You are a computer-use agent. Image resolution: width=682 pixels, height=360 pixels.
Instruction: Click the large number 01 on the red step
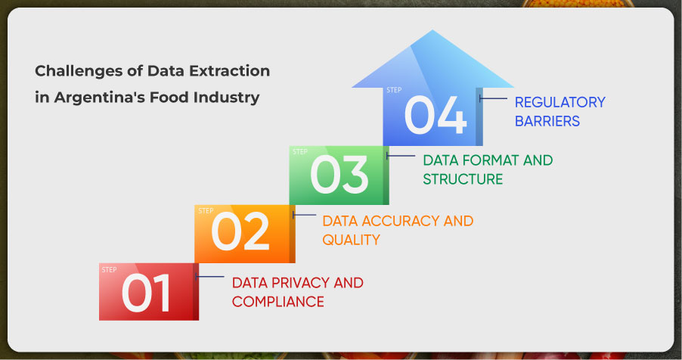pos(146,293)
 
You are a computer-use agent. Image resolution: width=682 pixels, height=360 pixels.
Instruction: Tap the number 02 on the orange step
pos(240,231)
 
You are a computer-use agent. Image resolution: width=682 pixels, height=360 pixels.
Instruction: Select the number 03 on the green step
pos(339,175)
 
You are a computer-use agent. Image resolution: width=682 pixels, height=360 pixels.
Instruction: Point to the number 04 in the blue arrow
pos(436,115)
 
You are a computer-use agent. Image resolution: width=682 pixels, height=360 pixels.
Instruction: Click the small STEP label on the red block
pos(109,270)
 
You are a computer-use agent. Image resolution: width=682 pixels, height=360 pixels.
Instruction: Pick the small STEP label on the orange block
pos(206,211)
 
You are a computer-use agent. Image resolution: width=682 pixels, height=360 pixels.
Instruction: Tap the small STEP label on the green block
pos(300,152)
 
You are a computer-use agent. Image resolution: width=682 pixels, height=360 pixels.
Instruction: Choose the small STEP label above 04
pos(394,90)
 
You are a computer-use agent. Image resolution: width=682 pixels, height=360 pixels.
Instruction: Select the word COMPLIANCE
pos(278,302)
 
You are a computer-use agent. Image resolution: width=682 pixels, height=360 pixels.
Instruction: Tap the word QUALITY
pos(351,240)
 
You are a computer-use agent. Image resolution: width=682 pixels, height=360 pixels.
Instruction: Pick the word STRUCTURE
pos(463,179)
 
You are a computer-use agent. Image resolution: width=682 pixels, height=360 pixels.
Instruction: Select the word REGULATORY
pos(560,102)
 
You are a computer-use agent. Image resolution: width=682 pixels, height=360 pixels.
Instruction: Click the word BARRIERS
pos(547,121)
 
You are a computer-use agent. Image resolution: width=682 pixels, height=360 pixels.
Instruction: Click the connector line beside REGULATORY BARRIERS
pos(493,99)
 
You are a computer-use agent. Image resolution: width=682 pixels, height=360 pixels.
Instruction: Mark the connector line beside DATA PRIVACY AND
pos(209,276)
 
